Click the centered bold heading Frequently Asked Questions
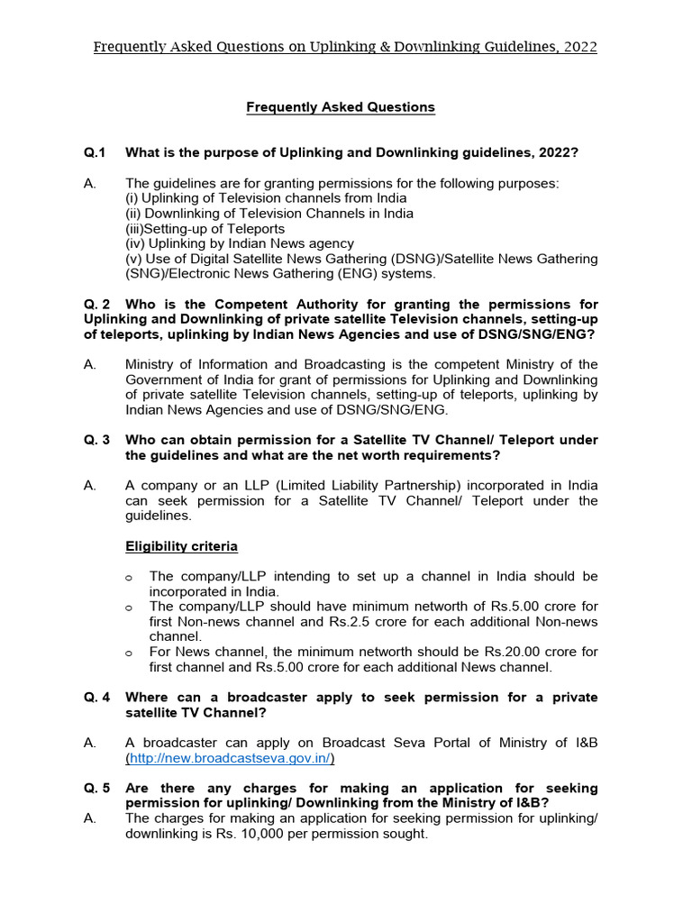pyautogui.click(x=341, y=107)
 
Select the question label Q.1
pyautogui.click(x=95, y=152)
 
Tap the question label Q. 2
pyautogui.click(x=96, y=305)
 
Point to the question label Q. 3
pyautogui.click(x=96, y=440)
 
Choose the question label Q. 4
pyautogui.click(x=96, y=698)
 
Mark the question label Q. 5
pyautogui.click(x=96, y=788)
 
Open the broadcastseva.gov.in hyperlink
pyautogui.click(x=230, y=759)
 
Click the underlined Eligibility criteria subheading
pyautogui.click(x=181, y=546)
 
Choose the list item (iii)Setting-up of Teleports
pyautogui.click(x=205, y=229)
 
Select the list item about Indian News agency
pyautogui.click(x=239, y=243)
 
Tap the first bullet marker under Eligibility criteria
pyautogui.click(x=130, y=578)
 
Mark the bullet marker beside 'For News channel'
pyautogui.click(x=130, y=653)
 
